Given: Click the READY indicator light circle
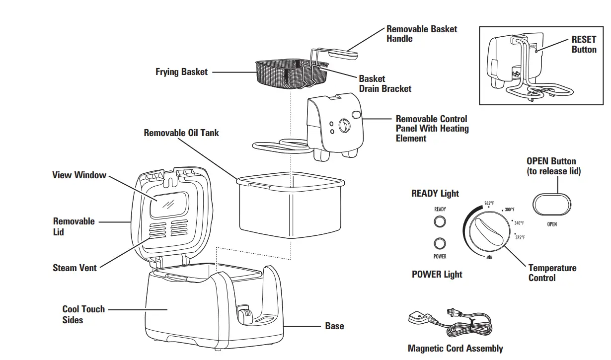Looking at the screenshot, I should (x=440, y=221).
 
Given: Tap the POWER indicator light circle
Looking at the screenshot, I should (x=440, y=244).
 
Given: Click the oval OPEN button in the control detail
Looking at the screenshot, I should (x=552, y=205).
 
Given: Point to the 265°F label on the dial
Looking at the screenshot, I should (x=489, y=203).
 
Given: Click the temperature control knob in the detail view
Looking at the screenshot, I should (x=488, y=232).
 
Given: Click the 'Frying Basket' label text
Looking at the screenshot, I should (x=181, y=72).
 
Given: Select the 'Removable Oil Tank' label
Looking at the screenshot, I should (x=181, y=133).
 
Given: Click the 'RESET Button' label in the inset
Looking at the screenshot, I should (x=584, y=45).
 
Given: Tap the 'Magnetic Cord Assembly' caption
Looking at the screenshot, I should (x=455, y=349).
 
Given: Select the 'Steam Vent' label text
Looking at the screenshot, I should (x=75, y=268).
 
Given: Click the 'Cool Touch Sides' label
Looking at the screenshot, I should (x=83, y=314).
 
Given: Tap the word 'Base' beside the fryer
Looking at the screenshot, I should (x=334, y=326).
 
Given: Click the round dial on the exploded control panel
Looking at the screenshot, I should (x=344, y=126).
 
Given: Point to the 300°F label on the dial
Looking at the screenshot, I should (x=510, y=210).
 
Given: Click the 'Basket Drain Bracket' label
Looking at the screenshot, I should (x=385, y=84).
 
